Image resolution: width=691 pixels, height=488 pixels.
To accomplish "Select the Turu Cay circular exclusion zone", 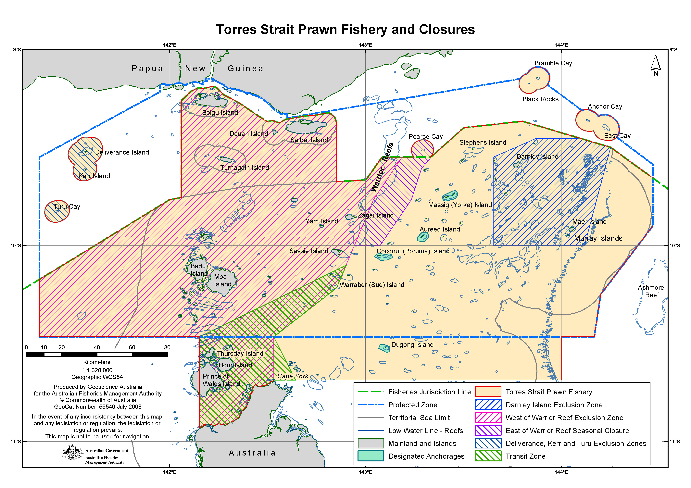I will pos(57,211).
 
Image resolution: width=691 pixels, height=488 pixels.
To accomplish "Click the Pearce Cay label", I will pos(426,137).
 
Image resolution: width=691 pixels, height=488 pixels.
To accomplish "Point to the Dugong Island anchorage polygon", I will pos(384,348).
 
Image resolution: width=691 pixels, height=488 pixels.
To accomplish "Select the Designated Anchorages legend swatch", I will pos(371,456).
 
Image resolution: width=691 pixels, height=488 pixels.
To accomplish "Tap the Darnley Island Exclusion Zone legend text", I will pos(554,405).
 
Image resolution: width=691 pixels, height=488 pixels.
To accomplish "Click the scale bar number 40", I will pos(97,347).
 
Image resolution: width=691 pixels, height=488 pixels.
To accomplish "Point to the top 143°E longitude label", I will pos(365,45).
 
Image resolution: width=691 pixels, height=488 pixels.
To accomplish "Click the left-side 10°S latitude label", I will pos(16,245).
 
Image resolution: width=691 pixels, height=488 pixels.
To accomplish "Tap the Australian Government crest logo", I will pos(72,453).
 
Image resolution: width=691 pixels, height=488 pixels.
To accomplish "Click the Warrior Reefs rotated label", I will pos(382,167).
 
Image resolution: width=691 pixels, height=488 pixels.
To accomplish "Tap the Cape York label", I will pos(293,376).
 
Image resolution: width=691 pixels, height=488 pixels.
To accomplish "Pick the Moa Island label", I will pos(222,280).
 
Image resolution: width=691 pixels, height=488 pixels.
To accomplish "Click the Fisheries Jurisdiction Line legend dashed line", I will pos(371,392).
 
